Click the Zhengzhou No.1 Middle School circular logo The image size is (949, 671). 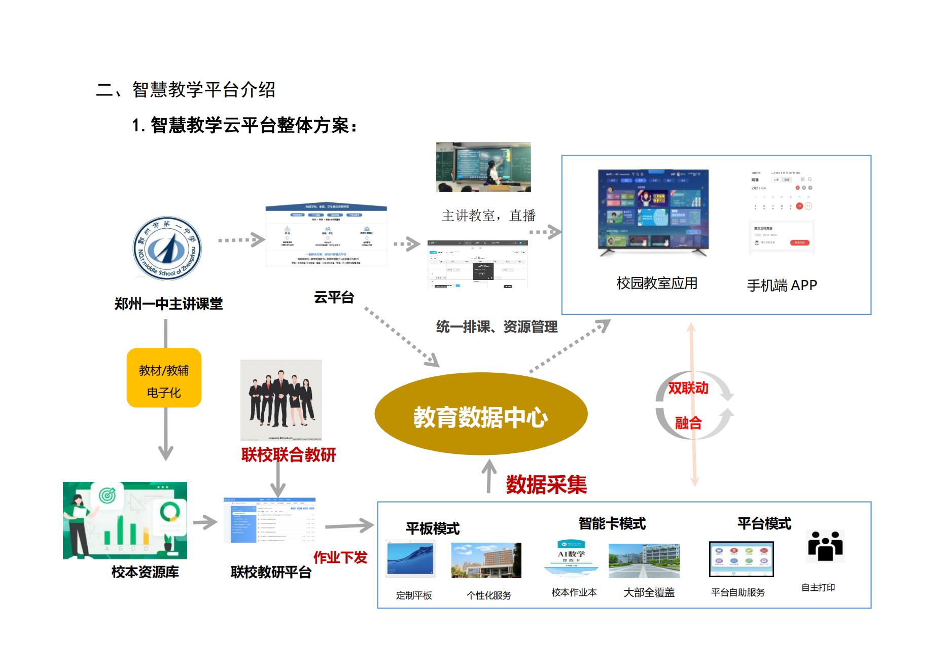(167, 249)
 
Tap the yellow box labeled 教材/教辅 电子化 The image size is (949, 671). (164, 378)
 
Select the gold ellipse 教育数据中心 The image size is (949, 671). (480, 414)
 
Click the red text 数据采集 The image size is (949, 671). (546, 485)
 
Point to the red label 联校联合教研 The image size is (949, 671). (289, 455)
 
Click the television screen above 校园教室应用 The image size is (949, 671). (653, 211)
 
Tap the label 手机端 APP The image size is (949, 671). (782, 286)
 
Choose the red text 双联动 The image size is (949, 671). (688, 389)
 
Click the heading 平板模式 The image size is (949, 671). (433, 528)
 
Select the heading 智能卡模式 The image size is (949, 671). (612, 523)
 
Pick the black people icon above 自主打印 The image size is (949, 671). (825, 546)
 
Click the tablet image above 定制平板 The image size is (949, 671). (410, 559)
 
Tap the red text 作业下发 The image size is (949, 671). (340, 558)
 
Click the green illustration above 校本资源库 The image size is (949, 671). (125, 520)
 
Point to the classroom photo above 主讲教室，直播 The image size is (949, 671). (483, 167)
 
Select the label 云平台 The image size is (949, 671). (334, 297)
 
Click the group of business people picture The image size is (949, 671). (281, 400)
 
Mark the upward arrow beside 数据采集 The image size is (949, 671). (489, 476)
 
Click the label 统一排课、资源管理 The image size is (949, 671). (497, 327)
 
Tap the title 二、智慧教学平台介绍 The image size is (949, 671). (186, 90)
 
